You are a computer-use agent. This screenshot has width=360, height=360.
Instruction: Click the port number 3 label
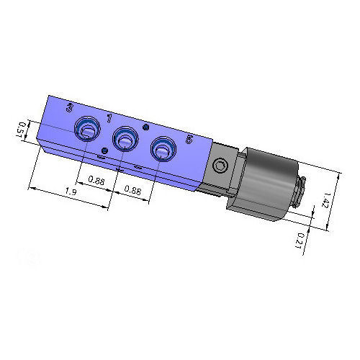click(x=68, y=108)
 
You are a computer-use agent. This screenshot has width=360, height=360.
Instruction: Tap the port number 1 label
click(x=109, y=117)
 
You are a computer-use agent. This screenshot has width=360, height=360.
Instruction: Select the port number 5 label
click(x=189, y=139)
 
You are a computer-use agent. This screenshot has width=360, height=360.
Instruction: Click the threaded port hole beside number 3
click(x=88, y=130)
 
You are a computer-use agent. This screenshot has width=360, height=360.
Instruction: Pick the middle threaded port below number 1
click(x=126, y=138)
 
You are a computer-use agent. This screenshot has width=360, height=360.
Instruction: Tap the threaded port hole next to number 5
click(x=163, y=150)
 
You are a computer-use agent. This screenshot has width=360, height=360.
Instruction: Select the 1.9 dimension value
click(x=71, y=192)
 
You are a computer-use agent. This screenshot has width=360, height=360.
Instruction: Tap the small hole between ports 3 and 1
click(x=105, y=150)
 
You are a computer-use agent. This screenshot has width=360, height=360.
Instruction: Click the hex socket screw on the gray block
click(x=220, y=166)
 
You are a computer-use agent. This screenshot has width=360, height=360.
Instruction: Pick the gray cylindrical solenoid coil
click(x=266, y=184)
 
